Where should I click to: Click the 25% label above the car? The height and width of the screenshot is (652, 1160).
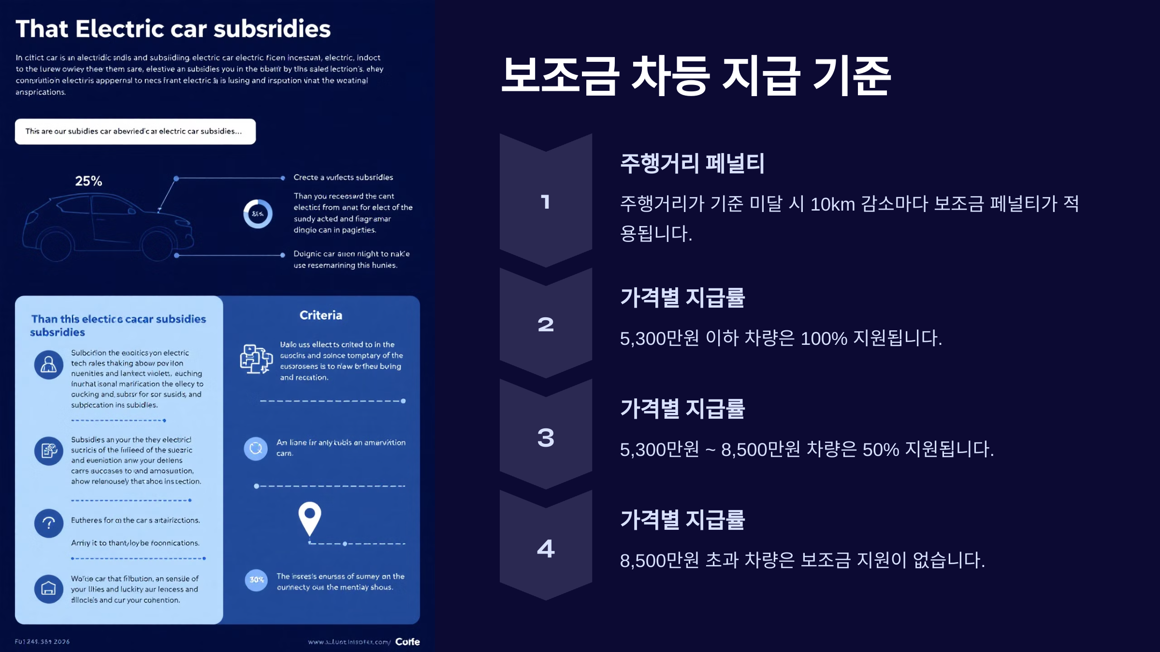click(x=88, y=181)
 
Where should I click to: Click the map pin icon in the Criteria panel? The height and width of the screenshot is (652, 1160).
click(x=310, y=517)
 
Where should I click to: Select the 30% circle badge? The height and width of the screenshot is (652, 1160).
click(x=256, y=580)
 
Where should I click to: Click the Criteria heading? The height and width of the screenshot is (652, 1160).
click(x=321, y=315)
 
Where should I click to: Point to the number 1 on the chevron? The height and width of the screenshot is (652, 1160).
click(x=546, y=202)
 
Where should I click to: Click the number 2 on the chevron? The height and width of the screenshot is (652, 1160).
click(x=546, y=325)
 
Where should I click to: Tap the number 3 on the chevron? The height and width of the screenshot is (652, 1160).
click(x=546, y=438)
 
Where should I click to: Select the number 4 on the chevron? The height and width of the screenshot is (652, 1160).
click(x=546, y=549)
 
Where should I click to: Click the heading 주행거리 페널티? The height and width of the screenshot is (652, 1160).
click(x=692, y=163)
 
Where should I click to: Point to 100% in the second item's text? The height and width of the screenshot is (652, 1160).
click(x=824, y=339)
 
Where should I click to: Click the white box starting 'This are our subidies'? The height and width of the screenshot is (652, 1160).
click(x=135, y=131)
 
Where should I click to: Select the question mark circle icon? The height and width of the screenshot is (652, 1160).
click(x=49, y=523)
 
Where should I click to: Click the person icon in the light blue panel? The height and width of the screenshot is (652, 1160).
click(x=49, y=364)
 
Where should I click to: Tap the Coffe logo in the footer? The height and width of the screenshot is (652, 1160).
click(x=407, y=641)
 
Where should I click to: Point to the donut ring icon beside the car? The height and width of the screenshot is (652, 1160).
click(x=258, y=213)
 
